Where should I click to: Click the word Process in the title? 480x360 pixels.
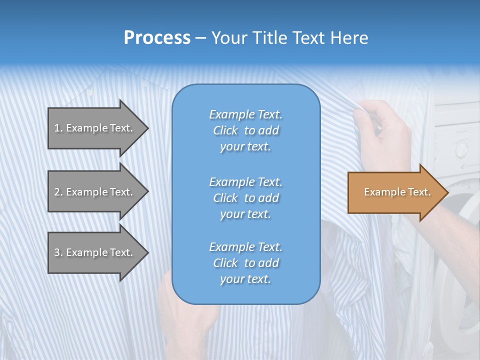[157, 38]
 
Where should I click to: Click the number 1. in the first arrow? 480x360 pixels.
[58, 128]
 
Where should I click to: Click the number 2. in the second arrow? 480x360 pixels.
[58, 192]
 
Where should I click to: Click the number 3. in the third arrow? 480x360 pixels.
[58, 252]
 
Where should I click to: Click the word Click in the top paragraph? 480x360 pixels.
[225, 130]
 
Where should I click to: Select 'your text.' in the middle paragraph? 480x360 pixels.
[245, 214]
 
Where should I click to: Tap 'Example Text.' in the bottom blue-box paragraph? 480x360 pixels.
[245, 247]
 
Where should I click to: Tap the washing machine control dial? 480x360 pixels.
[461, 148]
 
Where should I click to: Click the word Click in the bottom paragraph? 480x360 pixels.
[225, 263]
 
